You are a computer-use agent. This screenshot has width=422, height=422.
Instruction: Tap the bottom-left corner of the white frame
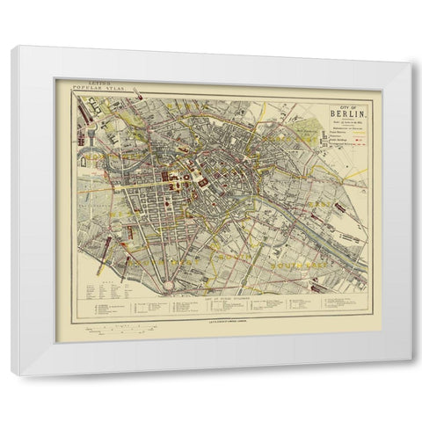(12, 373)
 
